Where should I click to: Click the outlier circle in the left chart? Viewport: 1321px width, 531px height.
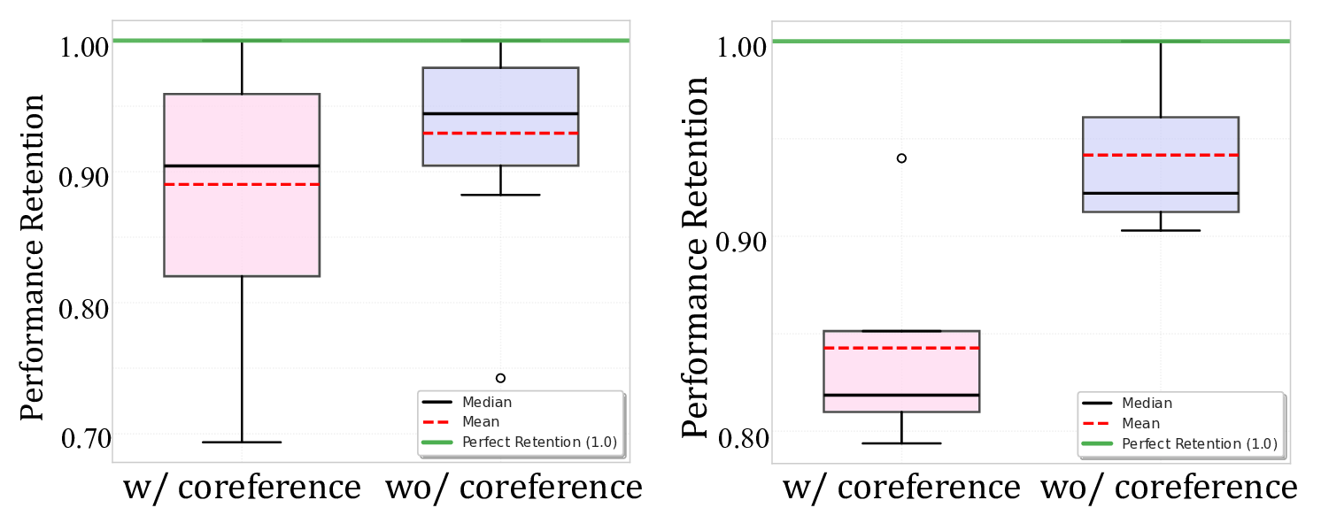(x=500, y=378)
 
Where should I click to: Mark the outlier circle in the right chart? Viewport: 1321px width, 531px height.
(x=901, y=158)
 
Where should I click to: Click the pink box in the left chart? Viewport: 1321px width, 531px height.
(x=242, y=230)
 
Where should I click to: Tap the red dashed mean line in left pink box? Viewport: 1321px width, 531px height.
(x=242, y=184)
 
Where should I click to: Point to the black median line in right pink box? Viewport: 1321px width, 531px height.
(x=901, y=395)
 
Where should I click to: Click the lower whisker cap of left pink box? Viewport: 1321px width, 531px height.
(x=242, y=442)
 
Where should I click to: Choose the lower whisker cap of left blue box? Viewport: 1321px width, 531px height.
(x=500, y=195)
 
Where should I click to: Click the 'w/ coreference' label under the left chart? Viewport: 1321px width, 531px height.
(x=242, y=488)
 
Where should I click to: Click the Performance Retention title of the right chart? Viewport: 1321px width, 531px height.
(x=697, y=257)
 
